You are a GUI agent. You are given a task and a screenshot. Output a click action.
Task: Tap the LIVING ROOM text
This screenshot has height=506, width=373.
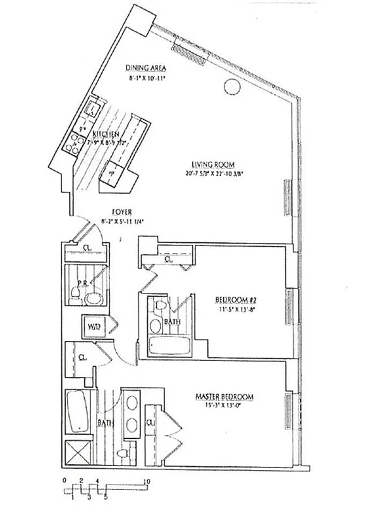(x=207, y=163)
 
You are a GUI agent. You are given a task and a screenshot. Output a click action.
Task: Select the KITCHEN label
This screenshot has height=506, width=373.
(x=106, y=135)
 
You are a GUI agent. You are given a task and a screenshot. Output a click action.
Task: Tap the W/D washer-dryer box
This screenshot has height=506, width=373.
(x=94, y=327)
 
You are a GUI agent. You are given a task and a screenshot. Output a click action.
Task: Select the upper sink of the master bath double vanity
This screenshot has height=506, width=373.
(x=133, y=403)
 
